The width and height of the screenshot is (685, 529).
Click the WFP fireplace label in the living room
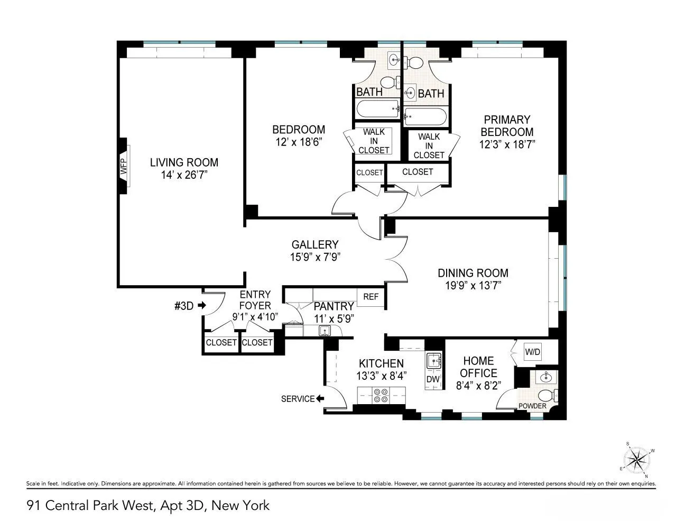[124, 167]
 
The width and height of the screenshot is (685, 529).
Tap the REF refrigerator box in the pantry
[371, 297]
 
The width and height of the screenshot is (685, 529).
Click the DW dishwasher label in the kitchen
[433, 379]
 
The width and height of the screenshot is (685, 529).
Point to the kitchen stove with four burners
[381, 396]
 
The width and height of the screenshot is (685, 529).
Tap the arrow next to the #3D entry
[201, 305]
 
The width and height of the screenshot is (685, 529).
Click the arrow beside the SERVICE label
[320, 399]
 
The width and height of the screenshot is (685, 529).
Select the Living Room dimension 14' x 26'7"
[184, 175]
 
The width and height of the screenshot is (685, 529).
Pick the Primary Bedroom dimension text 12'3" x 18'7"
[507, 144]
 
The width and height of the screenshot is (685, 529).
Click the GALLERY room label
[314, 244]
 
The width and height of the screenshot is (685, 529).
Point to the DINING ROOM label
[473, 273]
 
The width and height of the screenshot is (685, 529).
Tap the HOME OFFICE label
[478, 367]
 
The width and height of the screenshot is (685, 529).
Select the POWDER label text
[532, 406]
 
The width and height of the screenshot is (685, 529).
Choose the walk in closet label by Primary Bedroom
[429, 145]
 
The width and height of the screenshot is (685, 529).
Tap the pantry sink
[324, 331]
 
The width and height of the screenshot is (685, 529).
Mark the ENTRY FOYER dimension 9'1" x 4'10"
[255, 317]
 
